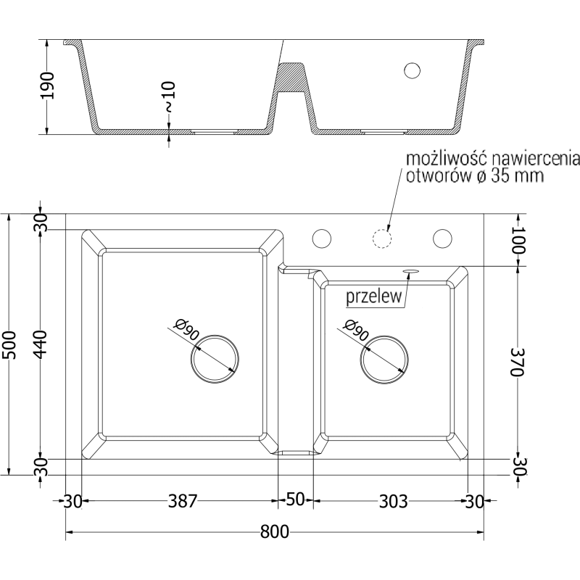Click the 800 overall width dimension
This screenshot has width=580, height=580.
point(275,532)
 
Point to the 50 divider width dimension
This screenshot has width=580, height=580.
point(295,501)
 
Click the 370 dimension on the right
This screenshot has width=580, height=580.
point(517,360)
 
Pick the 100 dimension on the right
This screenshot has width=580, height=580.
point(518,241)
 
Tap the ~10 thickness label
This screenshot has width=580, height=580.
point(169,96)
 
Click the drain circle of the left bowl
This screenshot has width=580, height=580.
point(215,357)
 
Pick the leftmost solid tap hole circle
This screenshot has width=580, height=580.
point(321,238)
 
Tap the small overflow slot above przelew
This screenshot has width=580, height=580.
point(411,271)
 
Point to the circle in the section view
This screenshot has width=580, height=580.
point(412,70)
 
